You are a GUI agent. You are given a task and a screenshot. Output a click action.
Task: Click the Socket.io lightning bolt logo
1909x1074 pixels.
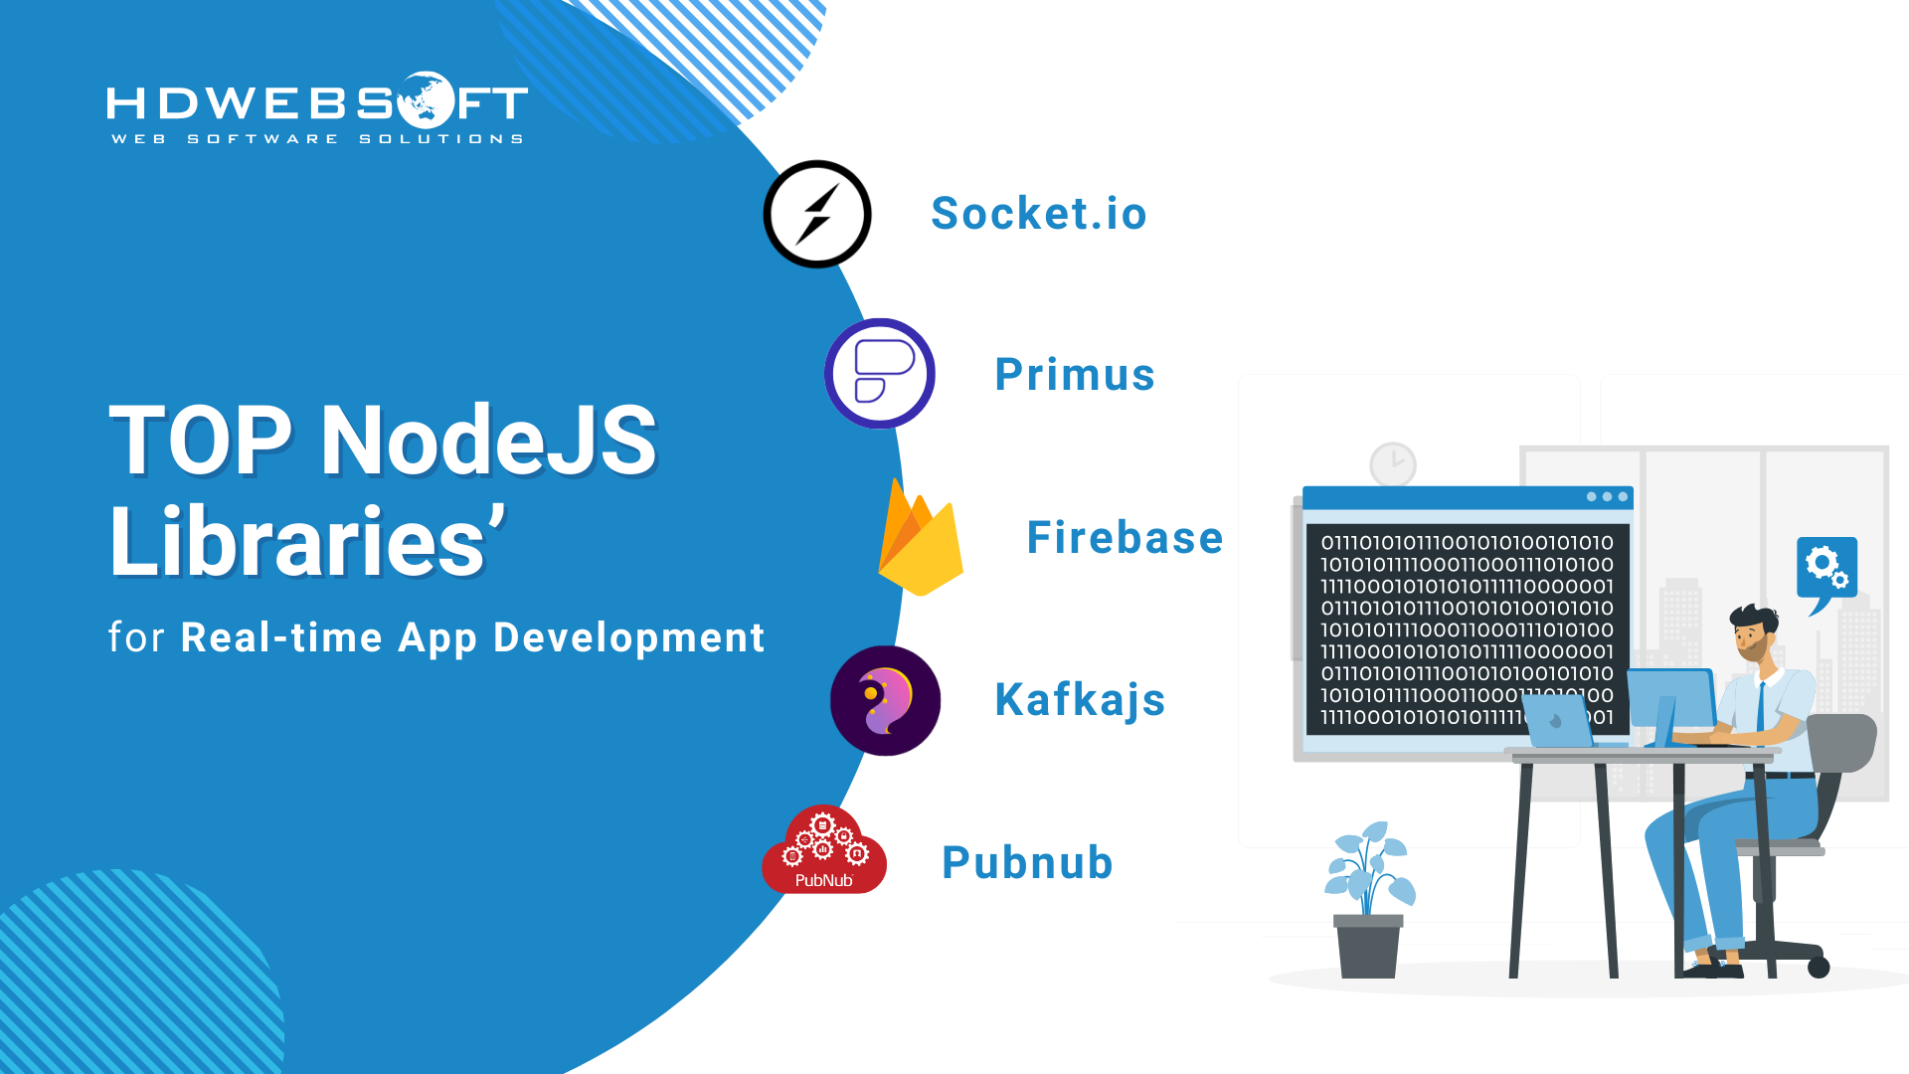point(817,214)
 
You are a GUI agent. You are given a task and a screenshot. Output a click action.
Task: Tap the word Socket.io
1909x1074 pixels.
point(1039,214)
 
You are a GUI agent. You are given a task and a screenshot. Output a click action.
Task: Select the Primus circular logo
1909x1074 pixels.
point(880,374)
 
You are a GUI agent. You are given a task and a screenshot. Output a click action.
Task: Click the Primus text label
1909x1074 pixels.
point(1075,375)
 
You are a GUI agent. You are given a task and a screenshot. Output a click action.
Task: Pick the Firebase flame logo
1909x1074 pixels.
point(921,538)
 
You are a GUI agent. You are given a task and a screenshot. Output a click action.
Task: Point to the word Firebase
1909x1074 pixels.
point(1125,538)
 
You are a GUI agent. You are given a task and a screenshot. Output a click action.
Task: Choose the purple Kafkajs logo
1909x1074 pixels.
point(885,701)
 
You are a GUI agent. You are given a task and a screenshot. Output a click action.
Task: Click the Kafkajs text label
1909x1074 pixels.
point(1080,701)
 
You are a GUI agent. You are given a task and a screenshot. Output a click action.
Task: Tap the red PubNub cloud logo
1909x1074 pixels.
point(824,850)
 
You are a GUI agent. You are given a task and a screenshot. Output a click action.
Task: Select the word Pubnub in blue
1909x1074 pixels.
point(1027,863)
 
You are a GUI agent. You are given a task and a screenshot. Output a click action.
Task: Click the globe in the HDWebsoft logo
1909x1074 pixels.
point(426,99)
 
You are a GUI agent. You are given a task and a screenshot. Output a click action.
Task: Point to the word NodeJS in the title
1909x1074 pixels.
point(488,441)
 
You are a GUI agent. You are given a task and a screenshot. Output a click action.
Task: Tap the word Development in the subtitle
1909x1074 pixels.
point(629,637)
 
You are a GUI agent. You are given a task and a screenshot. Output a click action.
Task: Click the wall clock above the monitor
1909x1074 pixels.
point(1393,464)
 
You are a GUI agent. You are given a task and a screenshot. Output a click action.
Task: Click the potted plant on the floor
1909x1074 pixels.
point(1369,900)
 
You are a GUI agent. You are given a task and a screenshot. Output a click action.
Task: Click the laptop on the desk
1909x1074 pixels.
point(1558,721)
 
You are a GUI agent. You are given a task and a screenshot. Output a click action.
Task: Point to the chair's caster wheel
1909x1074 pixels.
point(1819,968)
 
